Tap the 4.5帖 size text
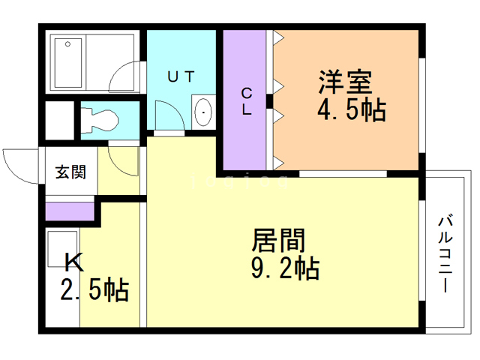351,111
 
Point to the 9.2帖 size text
284,268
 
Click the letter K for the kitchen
73,262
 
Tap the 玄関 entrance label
70,172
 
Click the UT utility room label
181,76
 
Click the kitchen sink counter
62,277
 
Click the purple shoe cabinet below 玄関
70,211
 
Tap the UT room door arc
169,116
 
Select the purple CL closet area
246,135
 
